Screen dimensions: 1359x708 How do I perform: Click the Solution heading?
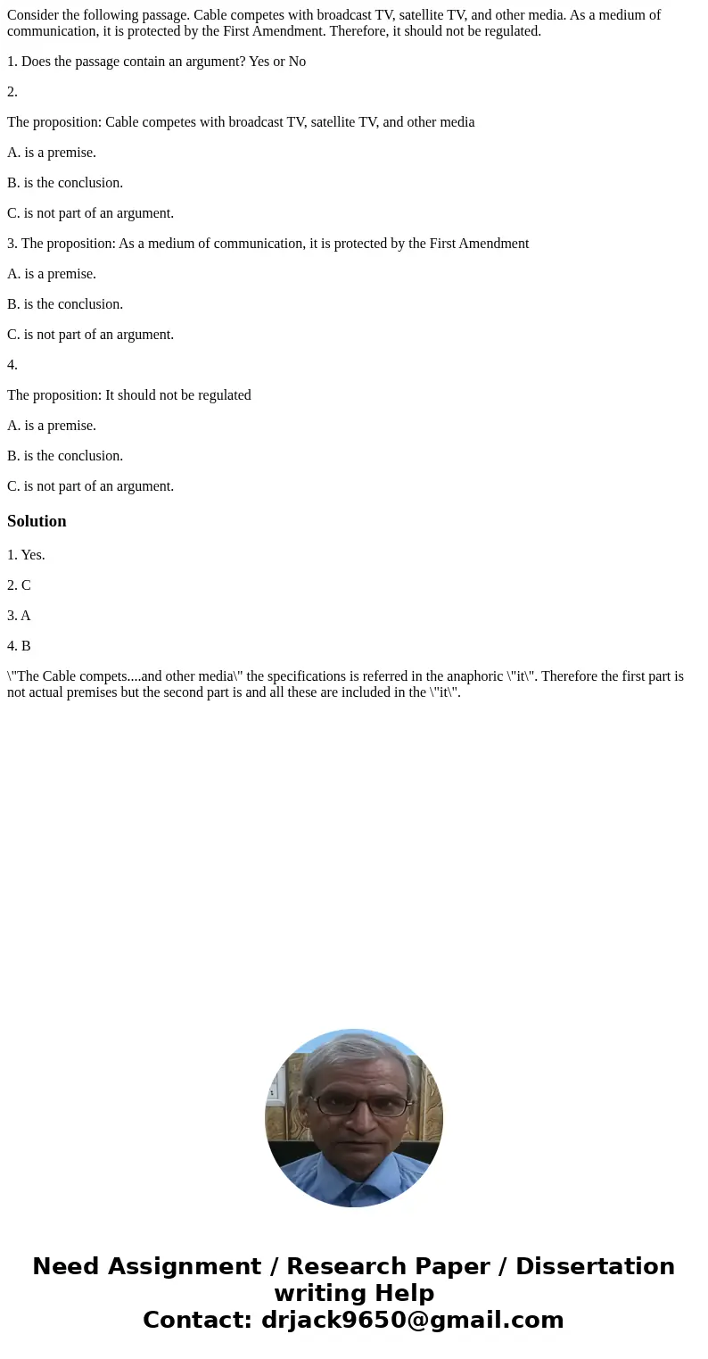37,521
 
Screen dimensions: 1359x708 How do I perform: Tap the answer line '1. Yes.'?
26,555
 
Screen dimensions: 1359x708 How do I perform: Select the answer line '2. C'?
19,585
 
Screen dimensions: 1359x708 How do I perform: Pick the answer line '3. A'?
19,616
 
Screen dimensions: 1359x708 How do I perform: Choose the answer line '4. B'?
19,646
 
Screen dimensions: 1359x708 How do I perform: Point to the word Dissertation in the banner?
595,1266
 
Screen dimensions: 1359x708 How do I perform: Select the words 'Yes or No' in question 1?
276,62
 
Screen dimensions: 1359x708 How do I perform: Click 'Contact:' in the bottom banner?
198,1320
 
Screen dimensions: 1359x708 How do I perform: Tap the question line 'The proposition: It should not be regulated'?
129,395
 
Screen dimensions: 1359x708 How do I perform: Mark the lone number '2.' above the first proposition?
12,92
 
